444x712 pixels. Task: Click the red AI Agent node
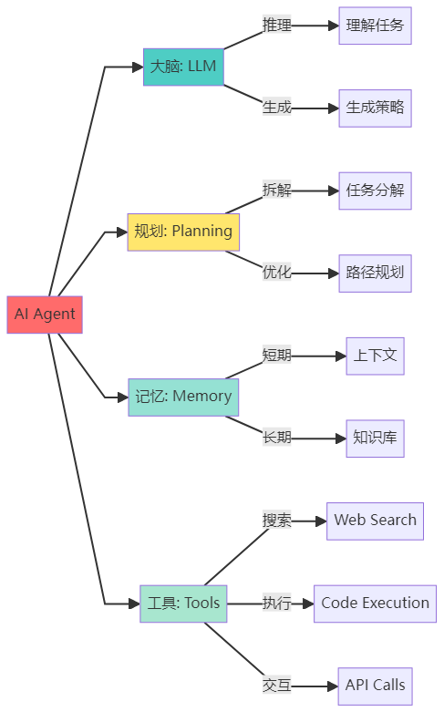(x=45, y=315)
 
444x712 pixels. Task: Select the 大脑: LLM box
(x=183, y=67)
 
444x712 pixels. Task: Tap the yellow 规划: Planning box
(x=183, y=232)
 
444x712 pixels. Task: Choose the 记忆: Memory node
(x=183, y=397)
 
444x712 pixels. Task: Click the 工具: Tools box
(x=183, y=604)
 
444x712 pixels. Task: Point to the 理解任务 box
(x=375, y=26)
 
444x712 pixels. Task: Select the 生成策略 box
(x=375, y=108)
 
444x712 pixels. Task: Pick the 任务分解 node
(x=375, y=191)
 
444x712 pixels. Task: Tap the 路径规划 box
(x=375, y=273)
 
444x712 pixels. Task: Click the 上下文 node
(x=375, y=356)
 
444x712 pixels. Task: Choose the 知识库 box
(x=375, y=438)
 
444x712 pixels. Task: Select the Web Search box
(x=375, y=521)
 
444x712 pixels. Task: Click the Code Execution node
(x=375, y=604)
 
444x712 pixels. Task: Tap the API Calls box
(x=375, y=686)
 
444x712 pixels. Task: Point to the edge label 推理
(x=277, y=26)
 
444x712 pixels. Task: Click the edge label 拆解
(x=277, y=191)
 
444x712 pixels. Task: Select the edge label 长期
(x=277, y=438)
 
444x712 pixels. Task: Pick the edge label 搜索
(x=277, y=521)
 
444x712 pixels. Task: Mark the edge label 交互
(x=277, y=686)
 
